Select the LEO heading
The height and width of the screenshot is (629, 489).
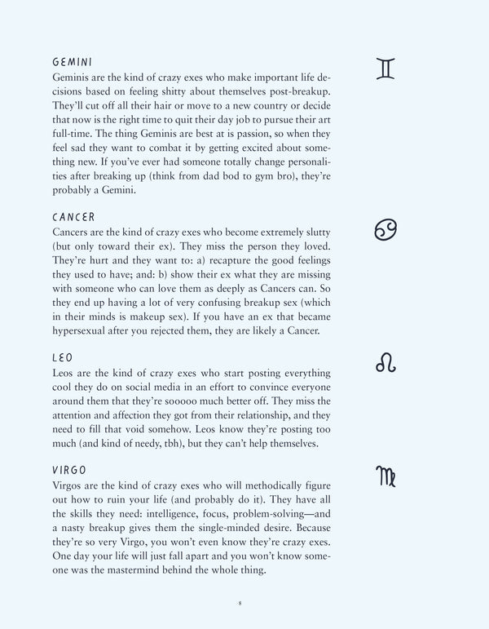coord(64,359)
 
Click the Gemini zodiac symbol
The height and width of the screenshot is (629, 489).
coord(385,69)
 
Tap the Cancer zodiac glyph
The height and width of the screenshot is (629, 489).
coord(385,231)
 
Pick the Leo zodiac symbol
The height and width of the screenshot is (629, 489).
coord(385,363)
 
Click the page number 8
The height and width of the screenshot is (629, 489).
coord(240,603)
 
